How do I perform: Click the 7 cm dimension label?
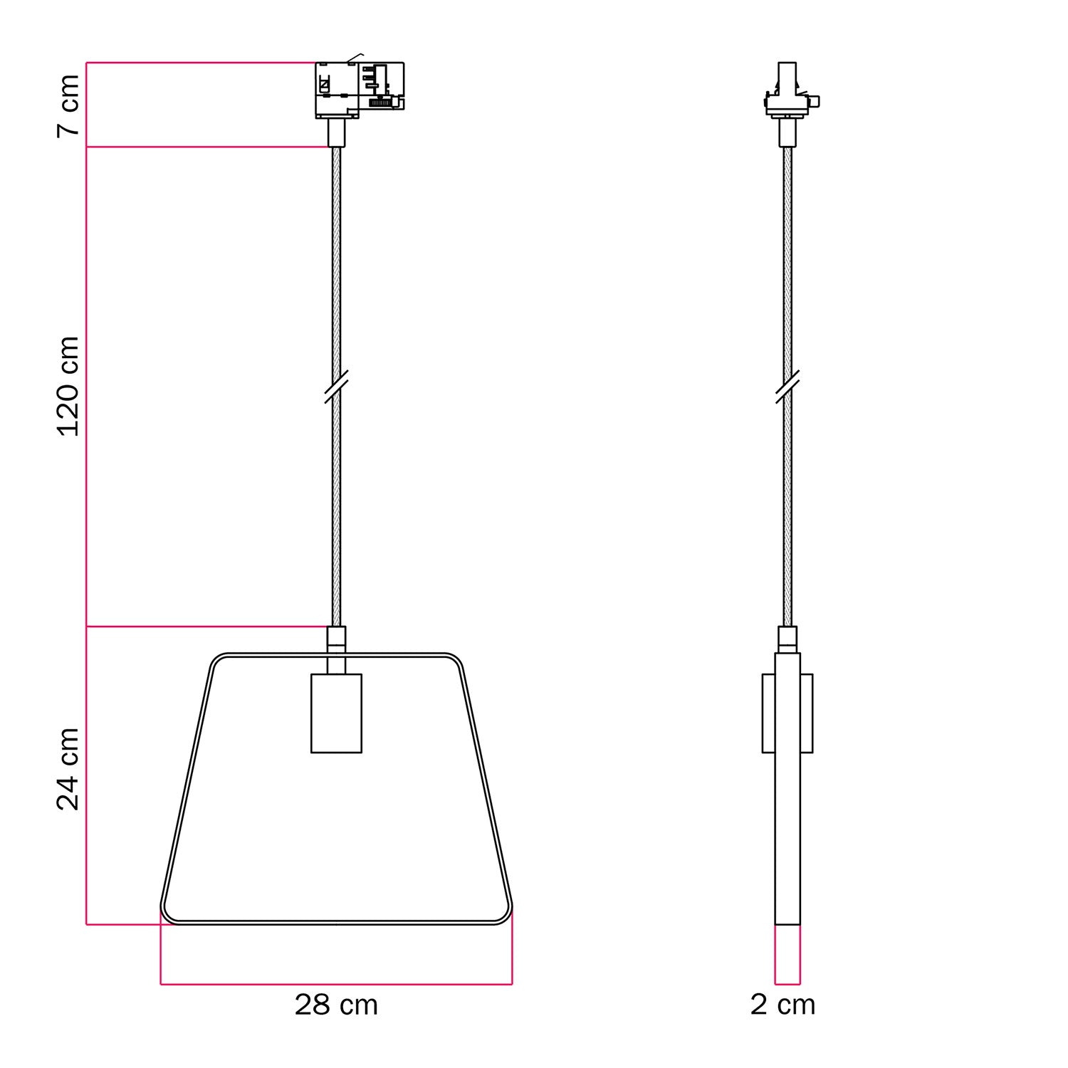69,105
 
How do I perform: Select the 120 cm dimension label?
69,387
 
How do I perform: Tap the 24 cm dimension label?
69,769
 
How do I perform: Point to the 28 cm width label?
336,1005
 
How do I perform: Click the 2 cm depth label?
782,1005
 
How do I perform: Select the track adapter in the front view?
360,90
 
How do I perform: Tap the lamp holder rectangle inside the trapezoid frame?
336,713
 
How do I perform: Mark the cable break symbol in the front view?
336,387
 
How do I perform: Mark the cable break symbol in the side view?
787,387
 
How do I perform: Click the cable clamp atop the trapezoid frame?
336,639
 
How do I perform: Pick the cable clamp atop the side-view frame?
787,639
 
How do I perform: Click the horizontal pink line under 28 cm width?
336,984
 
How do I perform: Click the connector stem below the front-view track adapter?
336,133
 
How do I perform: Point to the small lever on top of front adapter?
355,56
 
